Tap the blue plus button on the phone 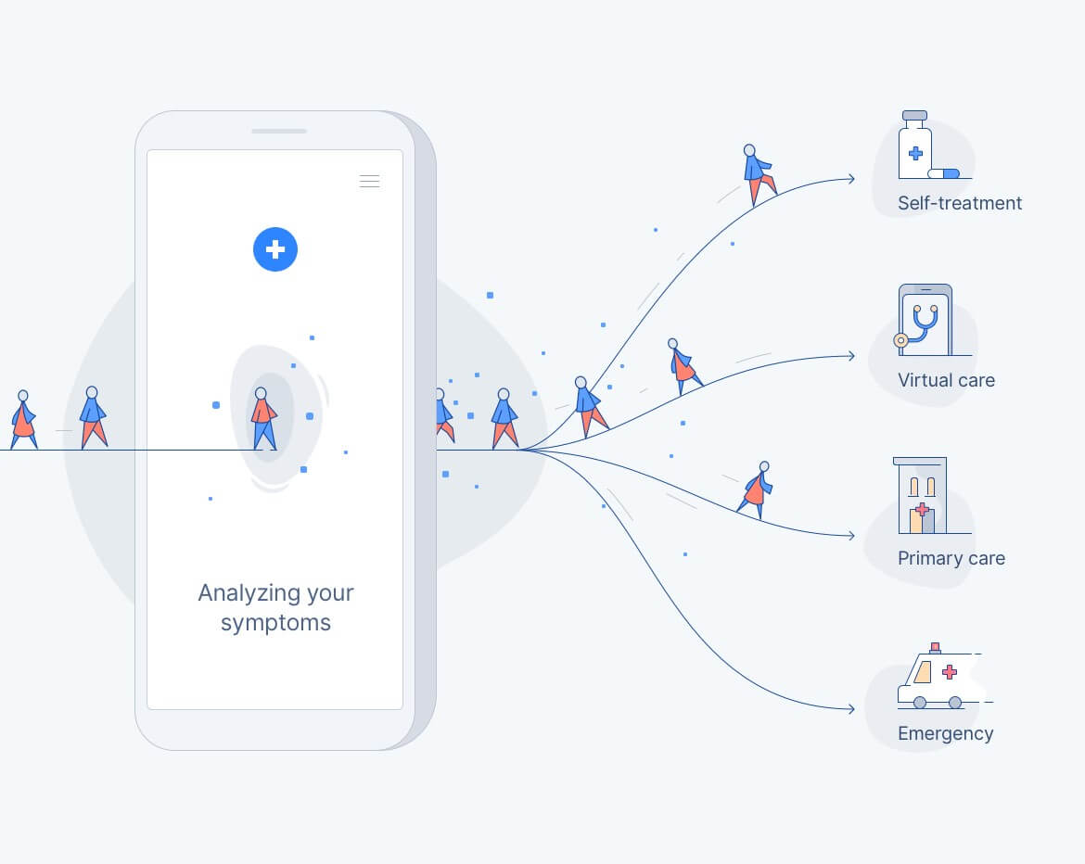tap(275, 249)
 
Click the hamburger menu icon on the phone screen tap(369, 182)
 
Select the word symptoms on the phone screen tap(275, 623)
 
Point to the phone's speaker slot tap(279, 131)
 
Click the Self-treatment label tap(959, 203)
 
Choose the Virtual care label tap(946, 380)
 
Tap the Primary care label tap(951, 557)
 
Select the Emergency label tap(945, 734)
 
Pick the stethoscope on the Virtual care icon tap(919, 326)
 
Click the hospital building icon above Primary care tap(920, 495)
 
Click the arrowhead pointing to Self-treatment tap(851, 179)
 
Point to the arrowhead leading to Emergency tap(851, 709)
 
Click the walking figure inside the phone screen tap(263, 418)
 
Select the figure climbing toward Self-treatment tap(759, 175)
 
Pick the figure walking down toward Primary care tap(756, 489)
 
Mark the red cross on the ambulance tap(950, 671)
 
